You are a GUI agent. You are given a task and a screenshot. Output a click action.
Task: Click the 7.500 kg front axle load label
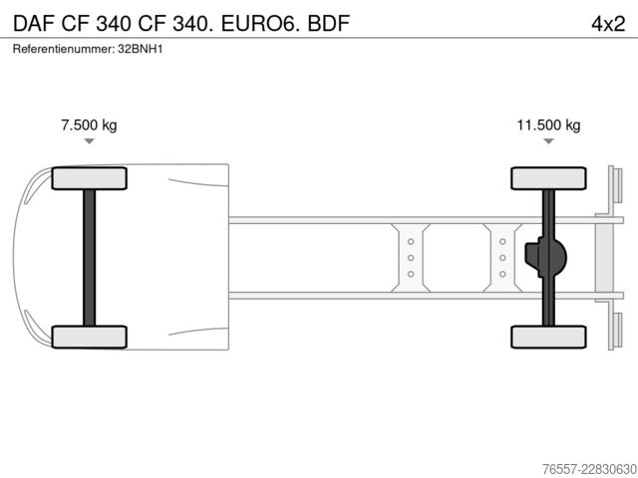89,124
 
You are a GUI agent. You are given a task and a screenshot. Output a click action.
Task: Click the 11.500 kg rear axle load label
548,124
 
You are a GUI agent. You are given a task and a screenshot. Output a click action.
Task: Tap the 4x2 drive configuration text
608,24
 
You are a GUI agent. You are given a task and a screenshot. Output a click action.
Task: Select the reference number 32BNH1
141,49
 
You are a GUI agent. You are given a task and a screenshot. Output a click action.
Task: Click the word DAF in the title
34,24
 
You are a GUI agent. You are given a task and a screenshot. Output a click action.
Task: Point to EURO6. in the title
261,24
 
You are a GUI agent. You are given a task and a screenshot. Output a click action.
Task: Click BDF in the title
329,24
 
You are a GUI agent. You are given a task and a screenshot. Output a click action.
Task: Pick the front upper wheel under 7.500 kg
89,178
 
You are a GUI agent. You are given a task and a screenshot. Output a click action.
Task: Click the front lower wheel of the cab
89,337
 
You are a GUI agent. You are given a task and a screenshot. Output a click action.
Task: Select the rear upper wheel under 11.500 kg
548,178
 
